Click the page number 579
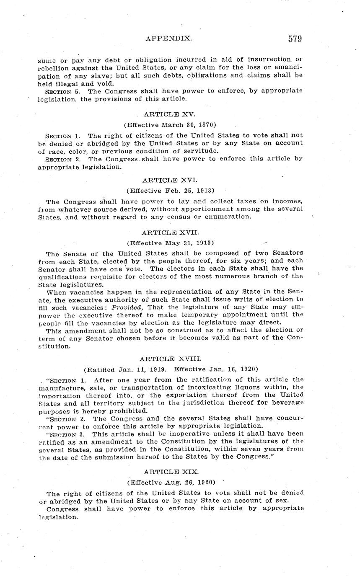[x=295, y=39]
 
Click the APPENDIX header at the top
[x=169, y=39]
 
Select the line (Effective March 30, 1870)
[x=170, y=125]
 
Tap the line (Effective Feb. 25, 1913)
[x=171, y=191]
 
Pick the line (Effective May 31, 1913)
[x=171, y=243]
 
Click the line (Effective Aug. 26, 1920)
[x=171, y=482]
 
